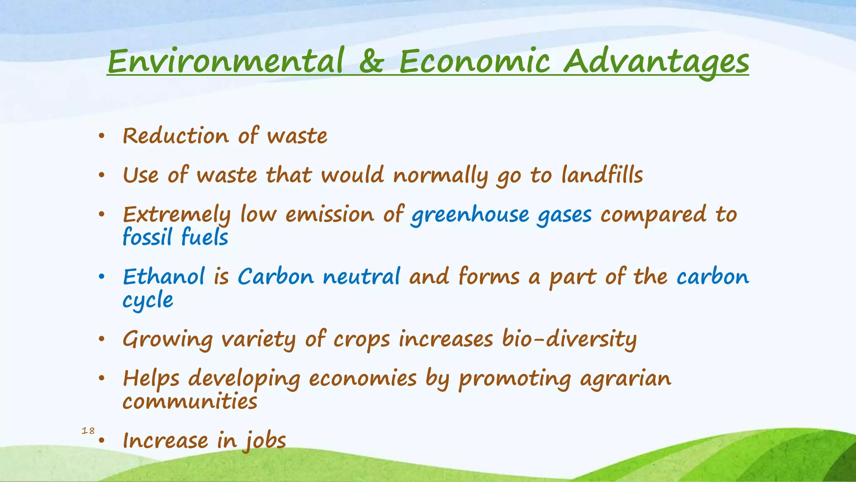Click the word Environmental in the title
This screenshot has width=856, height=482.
click(226, 61)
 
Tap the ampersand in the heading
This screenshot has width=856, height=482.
click(371, 61)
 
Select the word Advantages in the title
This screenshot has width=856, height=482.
click(656, 62)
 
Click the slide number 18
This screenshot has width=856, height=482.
click(88, 431)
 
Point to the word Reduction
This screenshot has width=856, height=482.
click(176, 136)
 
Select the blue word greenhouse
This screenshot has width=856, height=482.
click(470, 215)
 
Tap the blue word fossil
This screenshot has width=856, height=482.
click(147, 237)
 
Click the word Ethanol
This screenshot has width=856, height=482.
click(164, 277)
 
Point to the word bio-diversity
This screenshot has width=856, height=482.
click(569, 338)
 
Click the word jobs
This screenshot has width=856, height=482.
click(265, 441)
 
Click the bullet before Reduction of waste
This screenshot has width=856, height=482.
click(101, 136)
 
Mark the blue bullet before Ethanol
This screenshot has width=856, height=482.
click(101, 277)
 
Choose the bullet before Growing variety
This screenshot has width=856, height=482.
click(101, 339)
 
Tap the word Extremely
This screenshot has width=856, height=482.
click(176, 215)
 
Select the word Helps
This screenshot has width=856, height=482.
click(151, 379)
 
